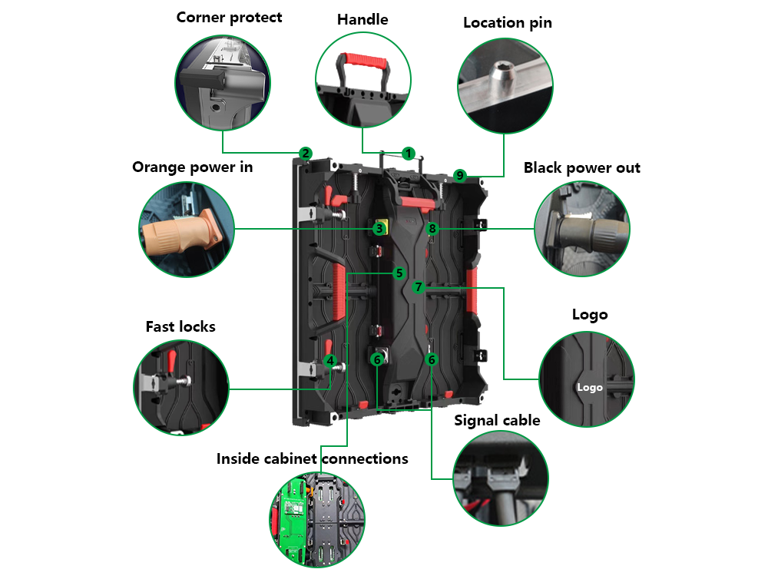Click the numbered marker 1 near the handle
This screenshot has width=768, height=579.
(409, 154)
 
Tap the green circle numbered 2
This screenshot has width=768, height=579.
(306, 154)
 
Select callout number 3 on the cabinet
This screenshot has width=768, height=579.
(379, 229)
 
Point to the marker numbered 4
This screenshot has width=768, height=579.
(330, 360)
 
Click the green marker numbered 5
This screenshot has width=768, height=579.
(399, 273)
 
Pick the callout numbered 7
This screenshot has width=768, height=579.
(418, 287)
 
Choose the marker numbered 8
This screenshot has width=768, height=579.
(432, 228)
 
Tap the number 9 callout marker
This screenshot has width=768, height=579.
(460, 176)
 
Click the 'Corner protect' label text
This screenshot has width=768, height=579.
(229, 17)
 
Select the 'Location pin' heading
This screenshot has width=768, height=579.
(507, 22)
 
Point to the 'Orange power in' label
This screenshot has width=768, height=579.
(192, 167)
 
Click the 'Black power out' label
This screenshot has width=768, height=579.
(581, 167)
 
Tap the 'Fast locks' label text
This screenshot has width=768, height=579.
(180, 326)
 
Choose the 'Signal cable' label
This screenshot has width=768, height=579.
(497, 420)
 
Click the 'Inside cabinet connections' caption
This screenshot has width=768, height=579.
(312, 458)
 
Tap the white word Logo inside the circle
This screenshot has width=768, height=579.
(590, 387)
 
